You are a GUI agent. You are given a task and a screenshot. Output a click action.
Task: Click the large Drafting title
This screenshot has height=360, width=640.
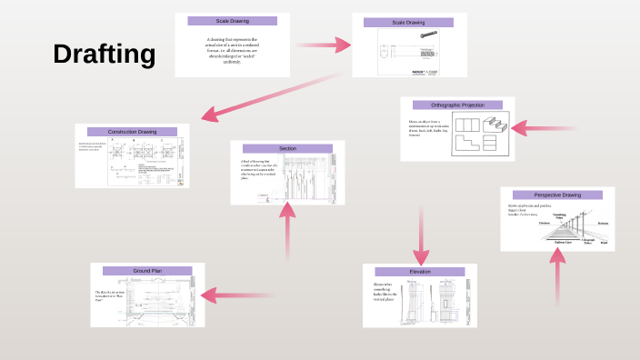point(105,55)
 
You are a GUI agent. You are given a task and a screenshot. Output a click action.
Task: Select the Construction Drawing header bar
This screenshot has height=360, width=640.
point(132,132)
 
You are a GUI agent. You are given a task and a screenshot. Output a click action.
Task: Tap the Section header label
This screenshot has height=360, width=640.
point(287,148)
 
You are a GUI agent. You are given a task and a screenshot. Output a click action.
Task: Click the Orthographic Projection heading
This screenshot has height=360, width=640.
point(457,105)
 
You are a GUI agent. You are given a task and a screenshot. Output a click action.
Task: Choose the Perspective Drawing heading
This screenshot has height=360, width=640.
point(557,195)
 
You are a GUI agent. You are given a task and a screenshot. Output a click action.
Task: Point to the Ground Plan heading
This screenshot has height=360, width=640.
point(147,271)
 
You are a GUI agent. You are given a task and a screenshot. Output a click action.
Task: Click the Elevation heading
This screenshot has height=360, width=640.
point(419,272)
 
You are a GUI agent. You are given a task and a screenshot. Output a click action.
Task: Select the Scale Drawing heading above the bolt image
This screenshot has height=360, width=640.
point(408,22)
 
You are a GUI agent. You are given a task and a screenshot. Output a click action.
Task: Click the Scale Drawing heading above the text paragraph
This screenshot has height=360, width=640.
point(232,21)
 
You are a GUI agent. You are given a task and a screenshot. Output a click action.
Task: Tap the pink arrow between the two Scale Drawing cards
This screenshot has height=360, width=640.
point(323,44)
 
